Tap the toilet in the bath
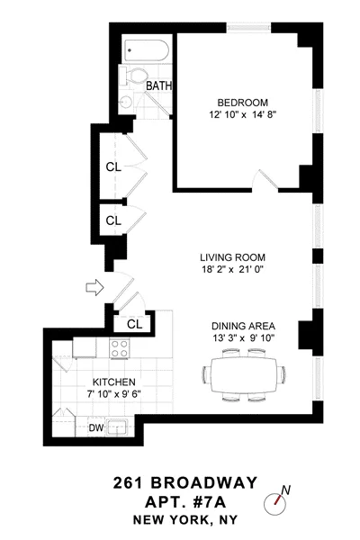(140, 76)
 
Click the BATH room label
(158, 86)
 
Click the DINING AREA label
(243, 326)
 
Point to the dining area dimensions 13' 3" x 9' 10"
(243, 339)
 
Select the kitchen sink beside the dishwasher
(118, 427)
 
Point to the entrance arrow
(93, 288)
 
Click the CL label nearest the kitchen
(135, 323)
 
